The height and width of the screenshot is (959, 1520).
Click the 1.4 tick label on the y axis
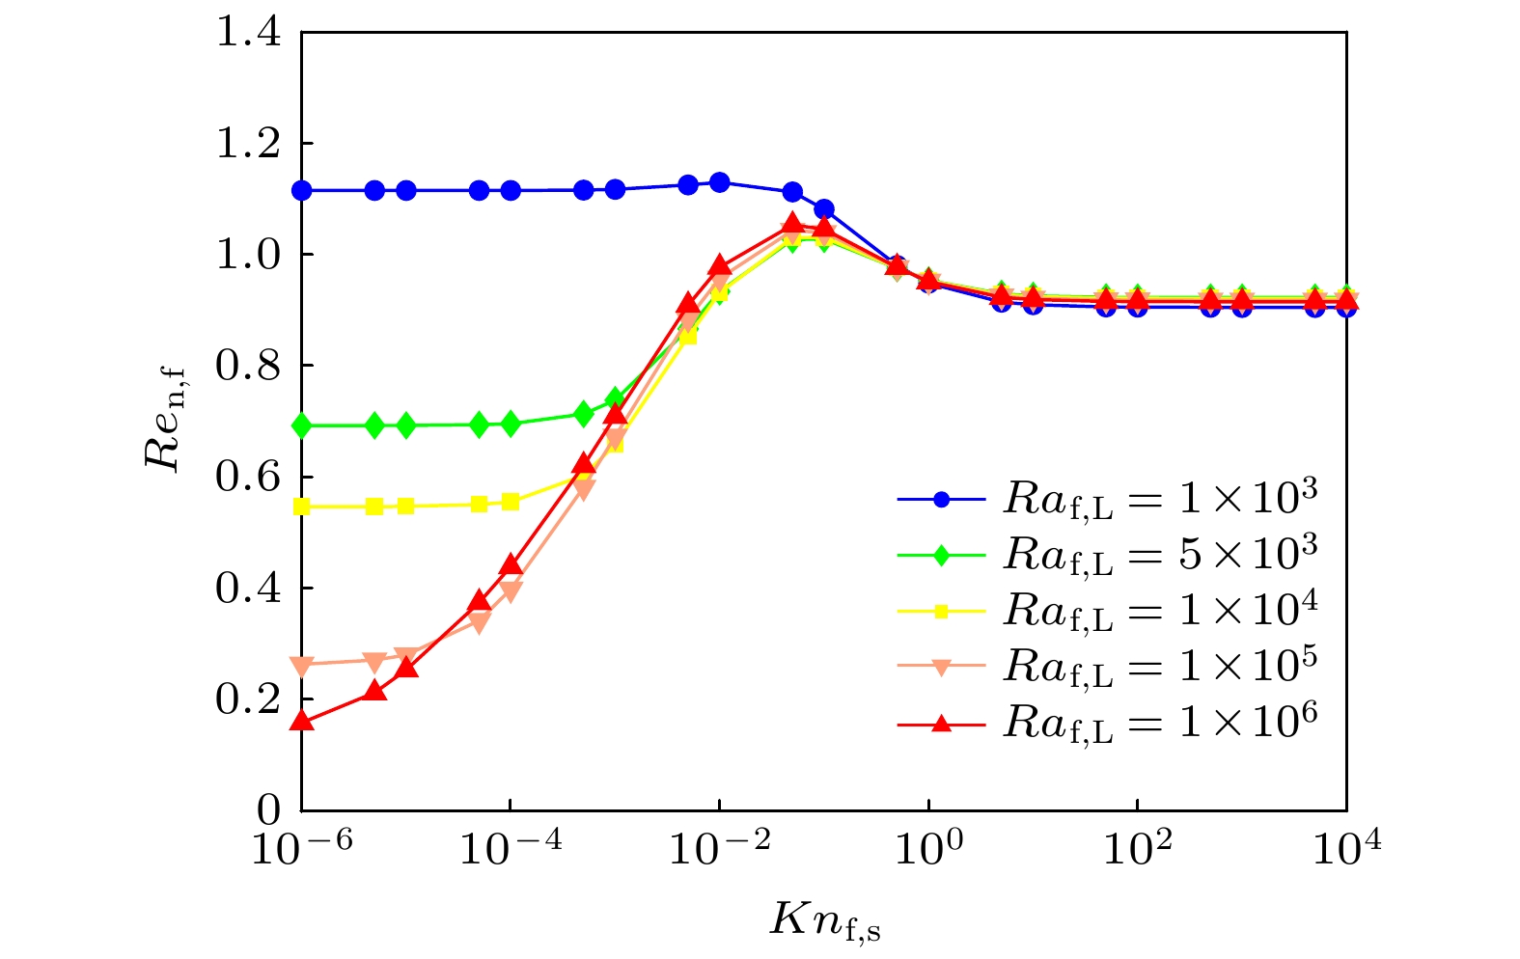(x=248, y=34)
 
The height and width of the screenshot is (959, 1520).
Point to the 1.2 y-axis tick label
(x=248, y=145)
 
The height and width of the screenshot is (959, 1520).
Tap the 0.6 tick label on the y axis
(x=248, y=478)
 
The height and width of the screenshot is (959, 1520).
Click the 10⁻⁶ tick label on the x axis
(x=299, y=849)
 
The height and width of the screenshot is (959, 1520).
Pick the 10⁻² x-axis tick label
(x=717, y=849)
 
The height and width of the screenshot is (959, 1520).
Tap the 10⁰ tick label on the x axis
(x=927, y=849)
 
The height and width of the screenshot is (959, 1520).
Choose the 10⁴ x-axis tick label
(x=1345, y=849)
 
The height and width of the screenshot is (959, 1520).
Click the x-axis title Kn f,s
(x=825, y=919)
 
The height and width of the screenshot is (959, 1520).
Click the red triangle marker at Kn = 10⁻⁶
(x=302, y=721)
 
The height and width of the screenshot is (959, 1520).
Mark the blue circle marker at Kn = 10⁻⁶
(x=302, y=190)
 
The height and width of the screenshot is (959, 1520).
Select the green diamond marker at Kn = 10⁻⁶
(x=302, y=425)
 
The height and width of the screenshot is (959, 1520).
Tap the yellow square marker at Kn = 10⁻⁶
(x=302, y=507)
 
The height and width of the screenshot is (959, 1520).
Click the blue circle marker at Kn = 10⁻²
(x=719, y=182)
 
